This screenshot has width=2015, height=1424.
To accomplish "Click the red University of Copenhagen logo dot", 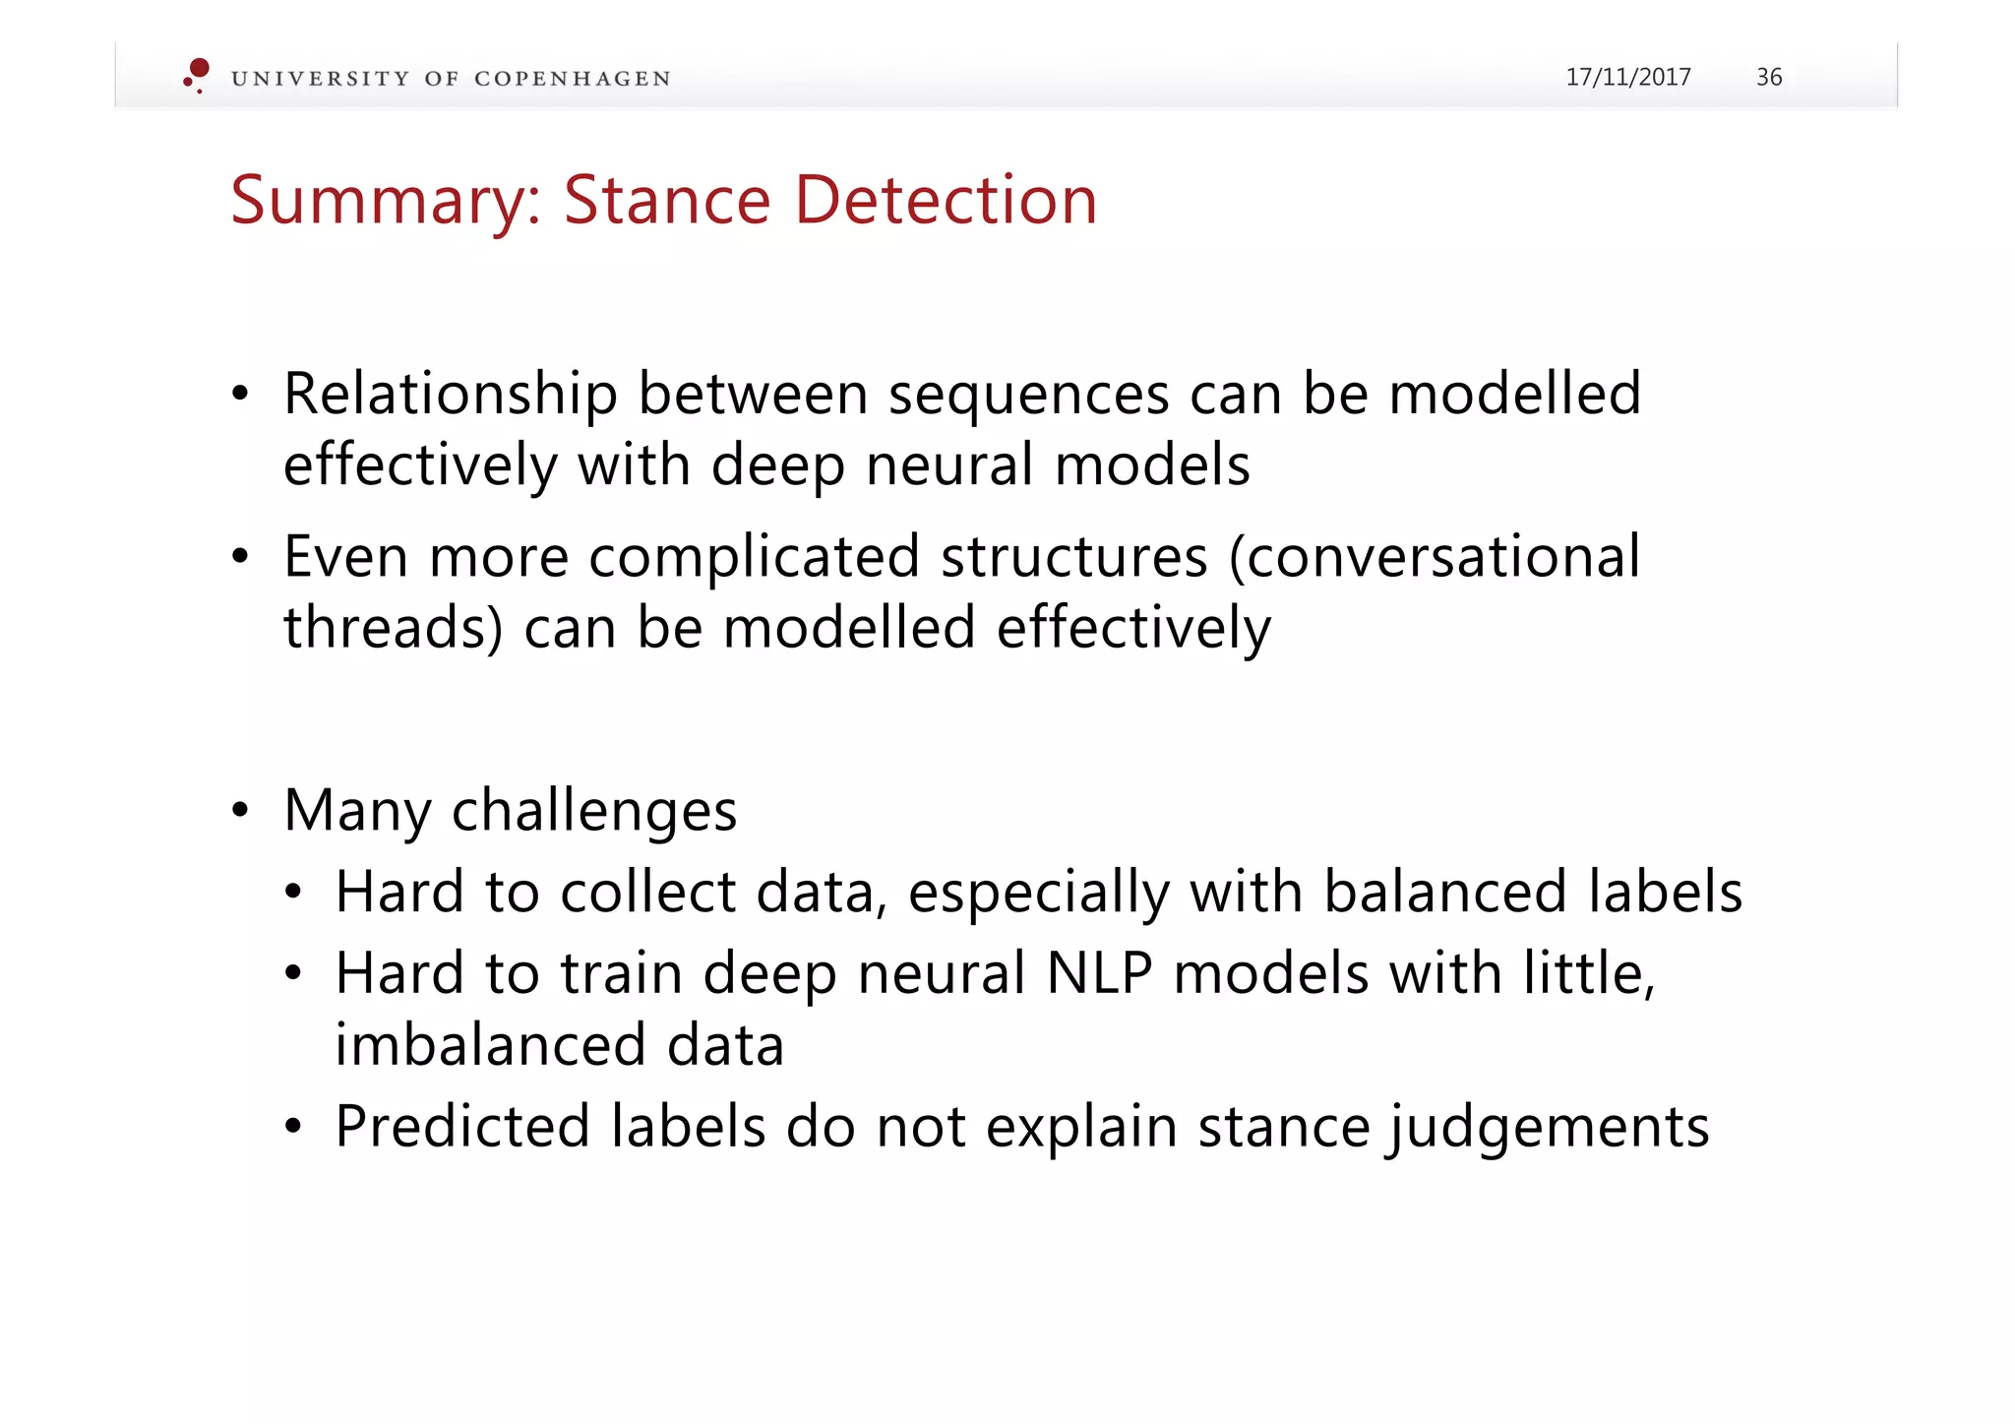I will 199,69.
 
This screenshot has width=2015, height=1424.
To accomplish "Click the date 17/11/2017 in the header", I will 1627,77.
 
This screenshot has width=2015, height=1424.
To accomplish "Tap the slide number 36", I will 1768,77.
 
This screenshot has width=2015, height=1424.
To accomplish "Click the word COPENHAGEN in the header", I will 572,79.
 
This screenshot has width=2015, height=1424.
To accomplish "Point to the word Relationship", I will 450,394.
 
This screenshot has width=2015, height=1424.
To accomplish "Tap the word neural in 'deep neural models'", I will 948,464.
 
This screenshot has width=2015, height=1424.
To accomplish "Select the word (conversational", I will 1435,557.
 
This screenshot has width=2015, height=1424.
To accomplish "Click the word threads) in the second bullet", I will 393,628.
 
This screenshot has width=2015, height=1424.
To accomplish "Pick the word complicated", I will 754,557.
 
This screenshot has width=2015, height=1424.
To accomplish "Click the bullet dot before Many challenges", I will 241,812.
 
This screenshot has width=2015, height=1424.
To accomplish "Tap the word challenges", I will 593,812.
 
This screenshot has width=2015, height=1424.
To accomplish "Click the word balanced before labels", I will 1444,892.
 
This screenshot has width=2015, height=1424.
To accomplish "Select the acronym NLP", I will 1099,973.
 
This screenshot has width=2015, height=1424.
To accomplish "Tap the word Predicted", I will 461,1127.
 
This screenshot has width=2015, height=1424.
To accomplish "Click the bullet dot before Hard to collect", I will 293,894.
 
